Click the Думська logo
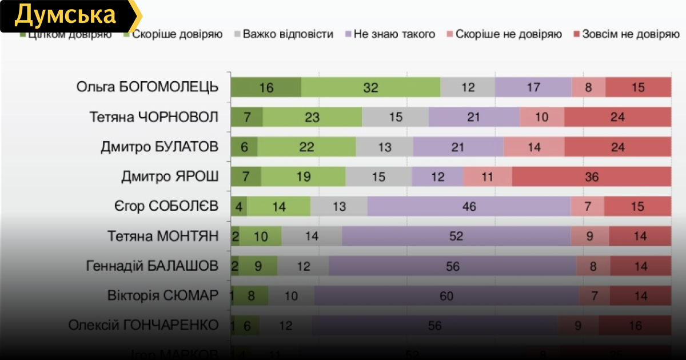coord(66,15)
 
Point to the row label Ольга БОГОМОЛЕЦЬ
coord(147,87)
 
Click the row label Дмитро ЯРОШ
coord(170,177)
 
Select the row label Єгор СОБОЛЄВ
coord(166,206)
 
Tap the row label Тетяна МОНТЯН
coord(163,236)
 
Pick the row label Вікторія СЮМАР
coord(163,295)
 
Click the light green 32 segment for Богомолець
coord(370,87)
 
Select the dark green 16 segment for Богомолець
coord(266,87)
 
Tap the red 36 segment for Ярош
coord(591,177)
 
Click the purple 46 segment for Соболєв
coord(469,206)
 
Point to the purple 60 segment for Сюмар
coord(446,295)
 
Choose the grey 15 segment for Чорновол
coord(395,117)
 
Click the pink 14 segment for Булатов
coord(534,147)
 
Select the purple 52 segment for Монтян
coord(456,236)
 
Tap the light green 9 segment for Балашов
coord(258,266)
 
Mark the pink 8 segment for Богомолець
coord(588,87)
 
